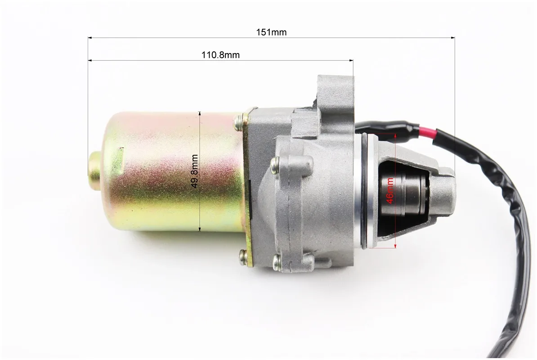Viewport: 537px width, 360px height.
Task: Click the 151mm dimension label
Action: (x=271, y=32)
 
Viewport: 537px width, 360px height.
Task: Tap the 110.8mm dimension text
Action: (x=220, y=55)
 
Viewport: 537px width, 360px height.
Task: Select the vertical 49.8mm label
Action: (x=195, y=171)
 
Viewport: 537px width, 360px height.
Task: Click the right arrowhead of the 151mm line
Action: (x=452, y=37)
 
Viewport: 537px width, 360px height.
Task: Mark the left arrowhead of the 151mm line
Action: (x=91, y=37)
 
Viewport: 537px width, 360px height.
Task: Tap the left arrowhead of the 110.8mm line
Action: (x=91, y=61)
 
